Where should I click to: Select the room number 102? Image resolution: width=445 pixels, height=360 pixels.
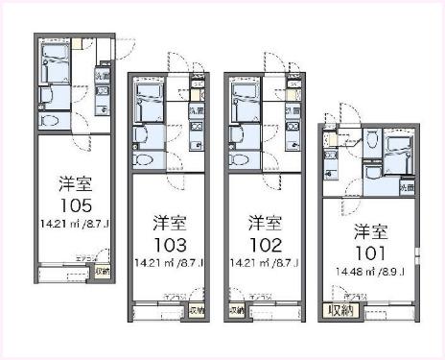click(263, 243)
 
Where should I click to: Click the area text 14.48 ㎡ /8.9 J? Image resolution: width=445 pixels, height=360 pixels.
click(369, 273)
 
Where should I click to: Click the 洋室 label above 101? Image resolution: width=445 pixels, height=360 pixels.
click(369, 230)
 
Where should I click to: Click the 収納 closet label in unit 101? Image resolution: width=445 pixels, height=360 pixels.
click(340, 310)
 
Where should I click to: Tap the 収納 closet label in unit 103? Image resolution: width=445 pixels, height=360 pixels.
click(197, 310)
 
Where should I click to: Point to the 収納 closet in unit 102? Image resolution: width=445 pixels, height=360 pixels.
click(236, 310)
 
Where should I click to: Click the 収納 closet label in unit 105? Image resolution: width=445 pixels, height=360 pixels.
click(103, 272)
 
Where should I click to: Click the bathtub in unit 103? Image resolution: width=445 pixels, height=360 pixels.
click(149, 99)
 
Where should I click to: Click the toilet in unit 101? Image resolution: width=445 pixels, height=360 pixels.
click(369, 173)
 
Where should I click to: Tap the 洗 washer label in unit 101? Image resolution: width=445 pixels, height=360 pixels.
click(406, 185)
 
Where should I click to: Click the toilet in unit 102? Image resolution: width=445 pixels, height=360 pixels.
click(241, 159)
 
